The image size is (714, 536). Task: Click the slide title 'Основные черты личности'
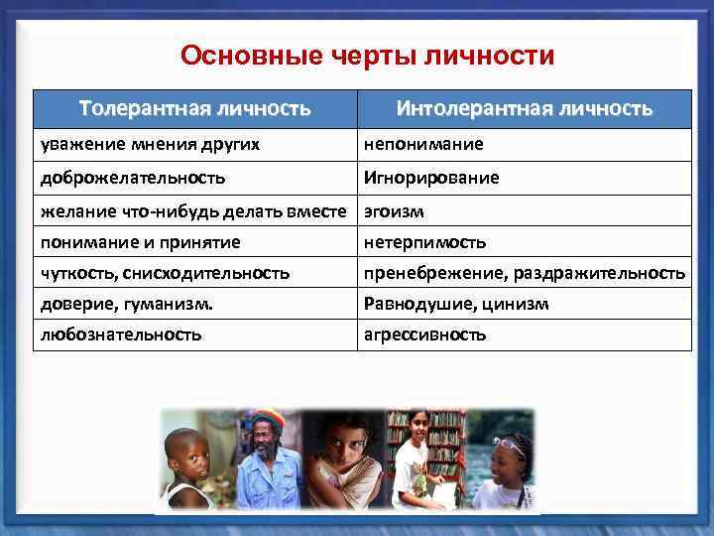click(x=367, y=55)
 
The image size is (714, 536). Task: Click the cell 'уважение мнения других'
click(x=150, y=144)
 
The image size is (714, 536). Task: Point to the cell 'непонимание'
click(x=423, y=144)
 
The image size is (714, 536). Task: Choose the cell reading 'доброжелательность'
click(x=133, y=178)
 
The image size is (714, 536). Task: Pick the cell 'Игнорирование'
click(x=431, y=178)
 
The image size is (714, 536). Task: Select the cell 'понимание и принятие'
click(x=140, y=241)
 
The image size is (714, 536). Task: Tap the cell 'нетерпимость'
click(x=424, y=241)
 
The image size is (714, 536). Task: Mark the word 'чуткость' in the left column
click(x=70, y=272)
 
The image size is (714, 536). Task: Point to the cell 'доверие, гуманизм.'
click(x=126, y=304)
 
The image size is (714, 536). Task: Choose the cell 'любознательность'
click(x=121, y=335)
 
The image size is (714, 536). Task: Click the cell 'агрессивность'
click(x=424, y=335)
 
